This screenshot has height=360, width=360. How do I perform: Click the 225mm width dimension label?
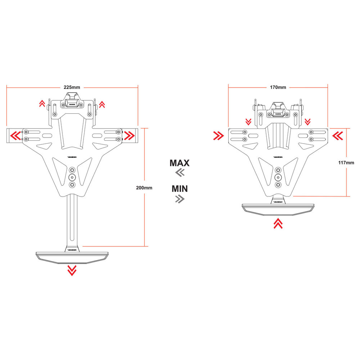click(72, 87)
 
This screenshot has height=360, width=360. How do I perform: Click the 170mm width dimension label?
click(278, 87)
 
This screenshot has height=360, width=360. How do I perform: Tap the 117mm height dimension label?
click(346, 162)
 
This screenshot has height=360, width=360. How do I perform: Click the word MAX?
click(179, 163)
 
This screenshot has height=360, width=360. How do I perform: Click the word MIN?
click(179, 189)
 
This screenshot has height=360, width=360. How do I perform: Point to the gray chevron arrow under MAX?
click(179, 173)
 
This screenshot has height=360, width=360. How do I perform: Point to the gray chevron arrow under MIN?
click(179, 199)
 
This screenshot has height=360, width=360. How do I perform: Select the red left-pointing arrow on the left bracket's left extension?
click(15, 135)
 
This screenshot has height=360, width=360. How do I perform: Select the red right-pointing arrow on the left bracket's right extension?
click(129, 135)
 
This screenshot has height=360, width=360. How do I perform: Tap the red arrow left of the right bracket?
click(218, 136)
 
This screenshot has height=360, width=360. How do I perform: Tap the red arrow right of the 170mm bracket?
click(337, 136)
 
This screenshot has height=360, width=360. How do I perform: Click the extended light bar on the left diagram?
click(72, 257)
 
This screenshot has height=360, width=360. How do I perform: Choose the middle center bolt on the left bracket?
click(72, 177)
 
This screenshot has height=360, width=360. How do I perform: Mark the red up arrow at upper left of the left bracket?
click(42, 104)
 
